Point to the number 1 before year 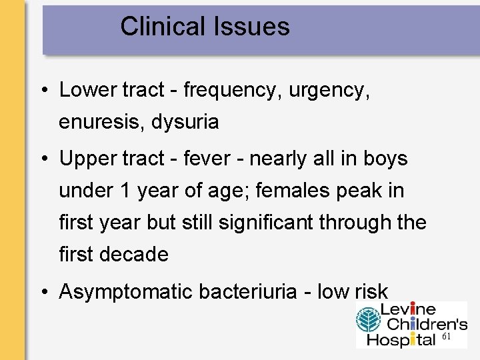pyautogui.click(x=125, y=191)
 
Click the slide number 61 pyautogui.click(x=447, y=337)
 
